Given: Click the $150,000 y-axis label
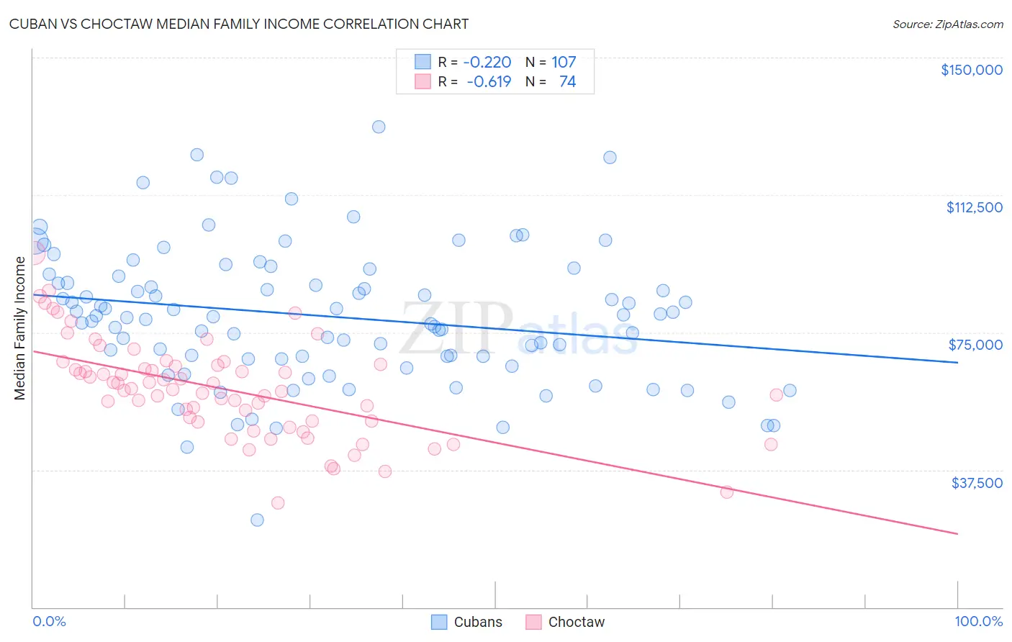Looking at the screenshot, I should pos(971,70).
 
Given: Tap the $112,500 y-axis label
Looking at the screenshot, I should pos(974,207).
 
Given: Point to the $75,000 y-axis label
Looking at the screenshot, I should pos(975,345).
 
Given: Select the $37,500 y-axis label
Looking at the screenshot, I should pos(977,483).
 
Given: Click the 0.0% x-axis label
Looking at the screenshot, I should pos(49,621).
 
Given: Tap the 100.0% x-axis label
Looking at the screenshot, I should pos(978,621).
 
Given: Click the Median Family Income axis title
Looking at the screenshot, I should pos(19,328).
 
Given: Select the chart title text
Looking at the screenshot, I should pos(239,24).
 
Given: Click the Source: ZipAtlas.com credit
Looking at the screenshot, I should pos(947,24).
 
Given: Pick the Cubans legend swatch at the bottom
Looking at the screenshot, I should pos(439,622).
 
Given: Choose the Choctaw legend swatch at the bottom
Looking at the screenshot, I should pos(533,622).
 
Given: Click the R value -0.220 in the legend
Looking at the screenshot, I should pos(487,62).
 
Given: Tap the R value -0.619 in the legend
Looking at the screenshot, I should pos(489,82).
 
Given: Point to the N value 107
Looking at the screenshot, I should pos(564,62).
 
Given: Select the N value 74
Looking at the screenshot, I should pos(567,82).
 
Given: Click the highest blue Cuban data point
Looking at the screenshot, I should pos(379,127).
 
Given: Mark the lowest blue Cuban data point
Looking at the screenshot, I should pos(257,520).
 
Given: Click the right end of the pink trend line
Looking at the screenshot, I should pos(957,533).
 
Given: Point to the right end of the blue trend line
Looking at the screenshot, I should pos(957,363).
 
